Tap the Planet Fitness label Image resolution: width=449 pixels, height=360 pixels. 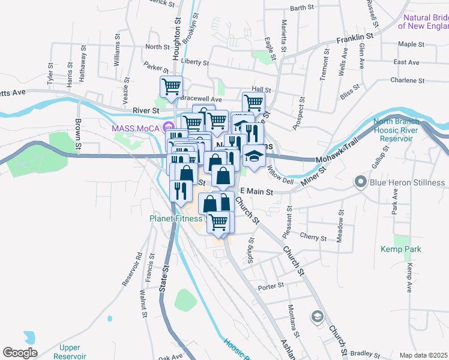point(175,218)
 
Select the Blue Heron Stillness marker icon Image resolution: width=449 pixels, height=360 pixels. point(361,181)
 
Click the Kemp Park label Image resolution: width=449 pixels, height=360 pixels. point(401,249)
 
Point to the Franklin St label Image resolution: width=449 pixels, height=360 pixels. point(355,38)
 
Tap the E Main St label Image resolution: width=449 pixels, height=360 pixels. point(257,192)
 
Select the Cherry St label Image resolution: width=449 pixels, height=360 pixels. point(313,238)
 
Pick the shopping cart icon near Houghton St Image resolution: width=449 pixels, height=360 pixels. point(172,87)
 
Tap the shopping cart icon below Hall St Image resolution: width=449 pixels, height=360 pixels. point(253,103)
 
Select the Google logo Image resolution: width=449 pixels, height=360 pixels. point(20,353)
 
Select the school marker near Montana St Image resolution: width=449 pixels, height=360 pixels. point(317,316)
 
